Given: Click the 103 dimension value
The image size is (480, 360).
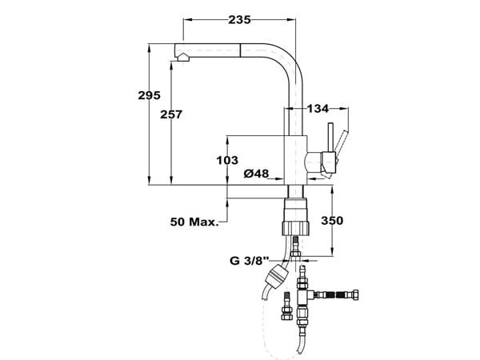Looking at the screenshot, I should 228,160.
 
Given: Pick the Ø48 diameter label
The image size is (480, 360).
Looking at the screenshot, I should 256,174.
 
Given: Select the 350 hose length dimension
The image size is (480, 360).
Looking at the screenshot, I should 334,220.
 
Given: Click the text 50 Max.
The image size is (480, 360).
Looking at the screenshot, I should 194,221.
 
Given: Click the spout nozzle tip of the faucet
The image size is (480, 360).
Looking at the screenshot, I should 180,55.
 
